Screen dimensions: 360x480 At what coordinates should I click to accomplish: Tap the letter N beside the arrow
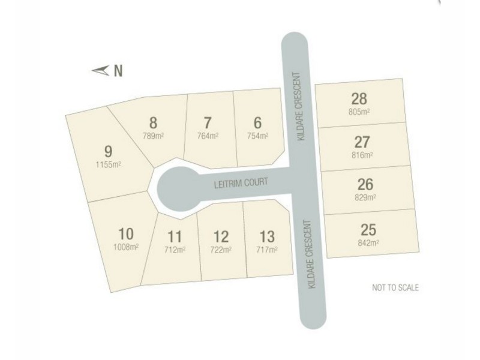coord(118,71)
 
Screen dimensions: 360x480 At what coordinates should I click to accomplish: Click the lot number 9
coord(109,151)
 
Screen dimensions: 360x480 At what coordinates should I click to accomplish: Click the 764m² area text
coord(208,136)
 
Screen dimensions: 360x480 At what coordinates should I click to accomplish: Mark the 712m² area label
coord(175,249)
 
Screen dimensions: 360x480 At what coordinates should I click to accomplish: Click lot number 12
coord(221,236)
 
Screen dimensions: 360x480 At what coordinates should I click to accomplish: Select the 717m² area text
coord(266,249)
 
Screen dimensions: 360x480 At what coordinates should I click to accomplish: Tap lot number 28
coord(360,99)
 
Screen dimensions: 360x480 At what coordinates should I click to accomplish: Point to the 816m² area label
coord(362,155)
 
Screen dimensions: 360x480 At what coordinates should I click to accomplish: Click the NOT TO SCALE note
coord(395,288)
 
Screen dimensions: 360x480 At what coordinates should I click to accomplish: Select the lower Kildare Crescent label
coord(311,255)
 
